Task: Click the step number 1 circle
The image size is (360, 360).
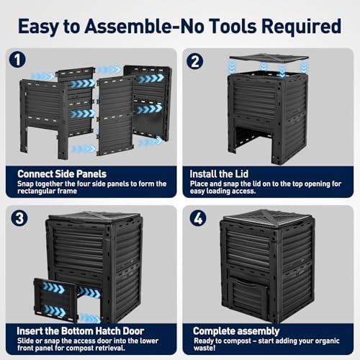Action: pyautogui.click(x=17, y=60)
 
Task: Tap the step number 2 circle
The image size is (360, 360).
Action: pyautogui.click(x=195, y=61)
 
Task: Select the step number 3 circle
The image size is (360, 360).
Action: pyautogui.click(x=19, y=218)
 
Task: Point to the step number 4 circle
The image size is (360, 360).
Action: pyautogui.click(x=198, y=218)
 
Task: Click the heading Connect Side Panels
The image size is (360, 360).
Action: pyautogui.click(x=62, y=174)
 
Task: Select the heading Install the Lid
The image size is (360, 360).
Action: pyautogui.click(x=219, y=174)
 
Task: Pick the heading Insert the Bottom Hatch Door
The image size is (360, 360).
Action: pyautogui.click(x=81, y=331)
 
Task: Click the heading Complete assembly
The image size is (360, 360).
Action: pyautogui.click(x=236, y=331)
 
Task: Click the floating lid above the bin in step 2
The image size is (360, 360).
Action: pyautogui.click(x=269, y=58)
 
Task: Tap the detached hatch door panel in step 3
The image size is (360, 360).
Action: pyautogui.click(x=55, y=300)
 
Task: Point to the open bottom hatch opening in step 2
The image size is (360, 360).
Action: pyautogui.click(x=253, y=139)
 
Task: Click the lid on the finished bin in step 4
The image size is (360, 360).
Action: pyautogui.click(x=268, y=218)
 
